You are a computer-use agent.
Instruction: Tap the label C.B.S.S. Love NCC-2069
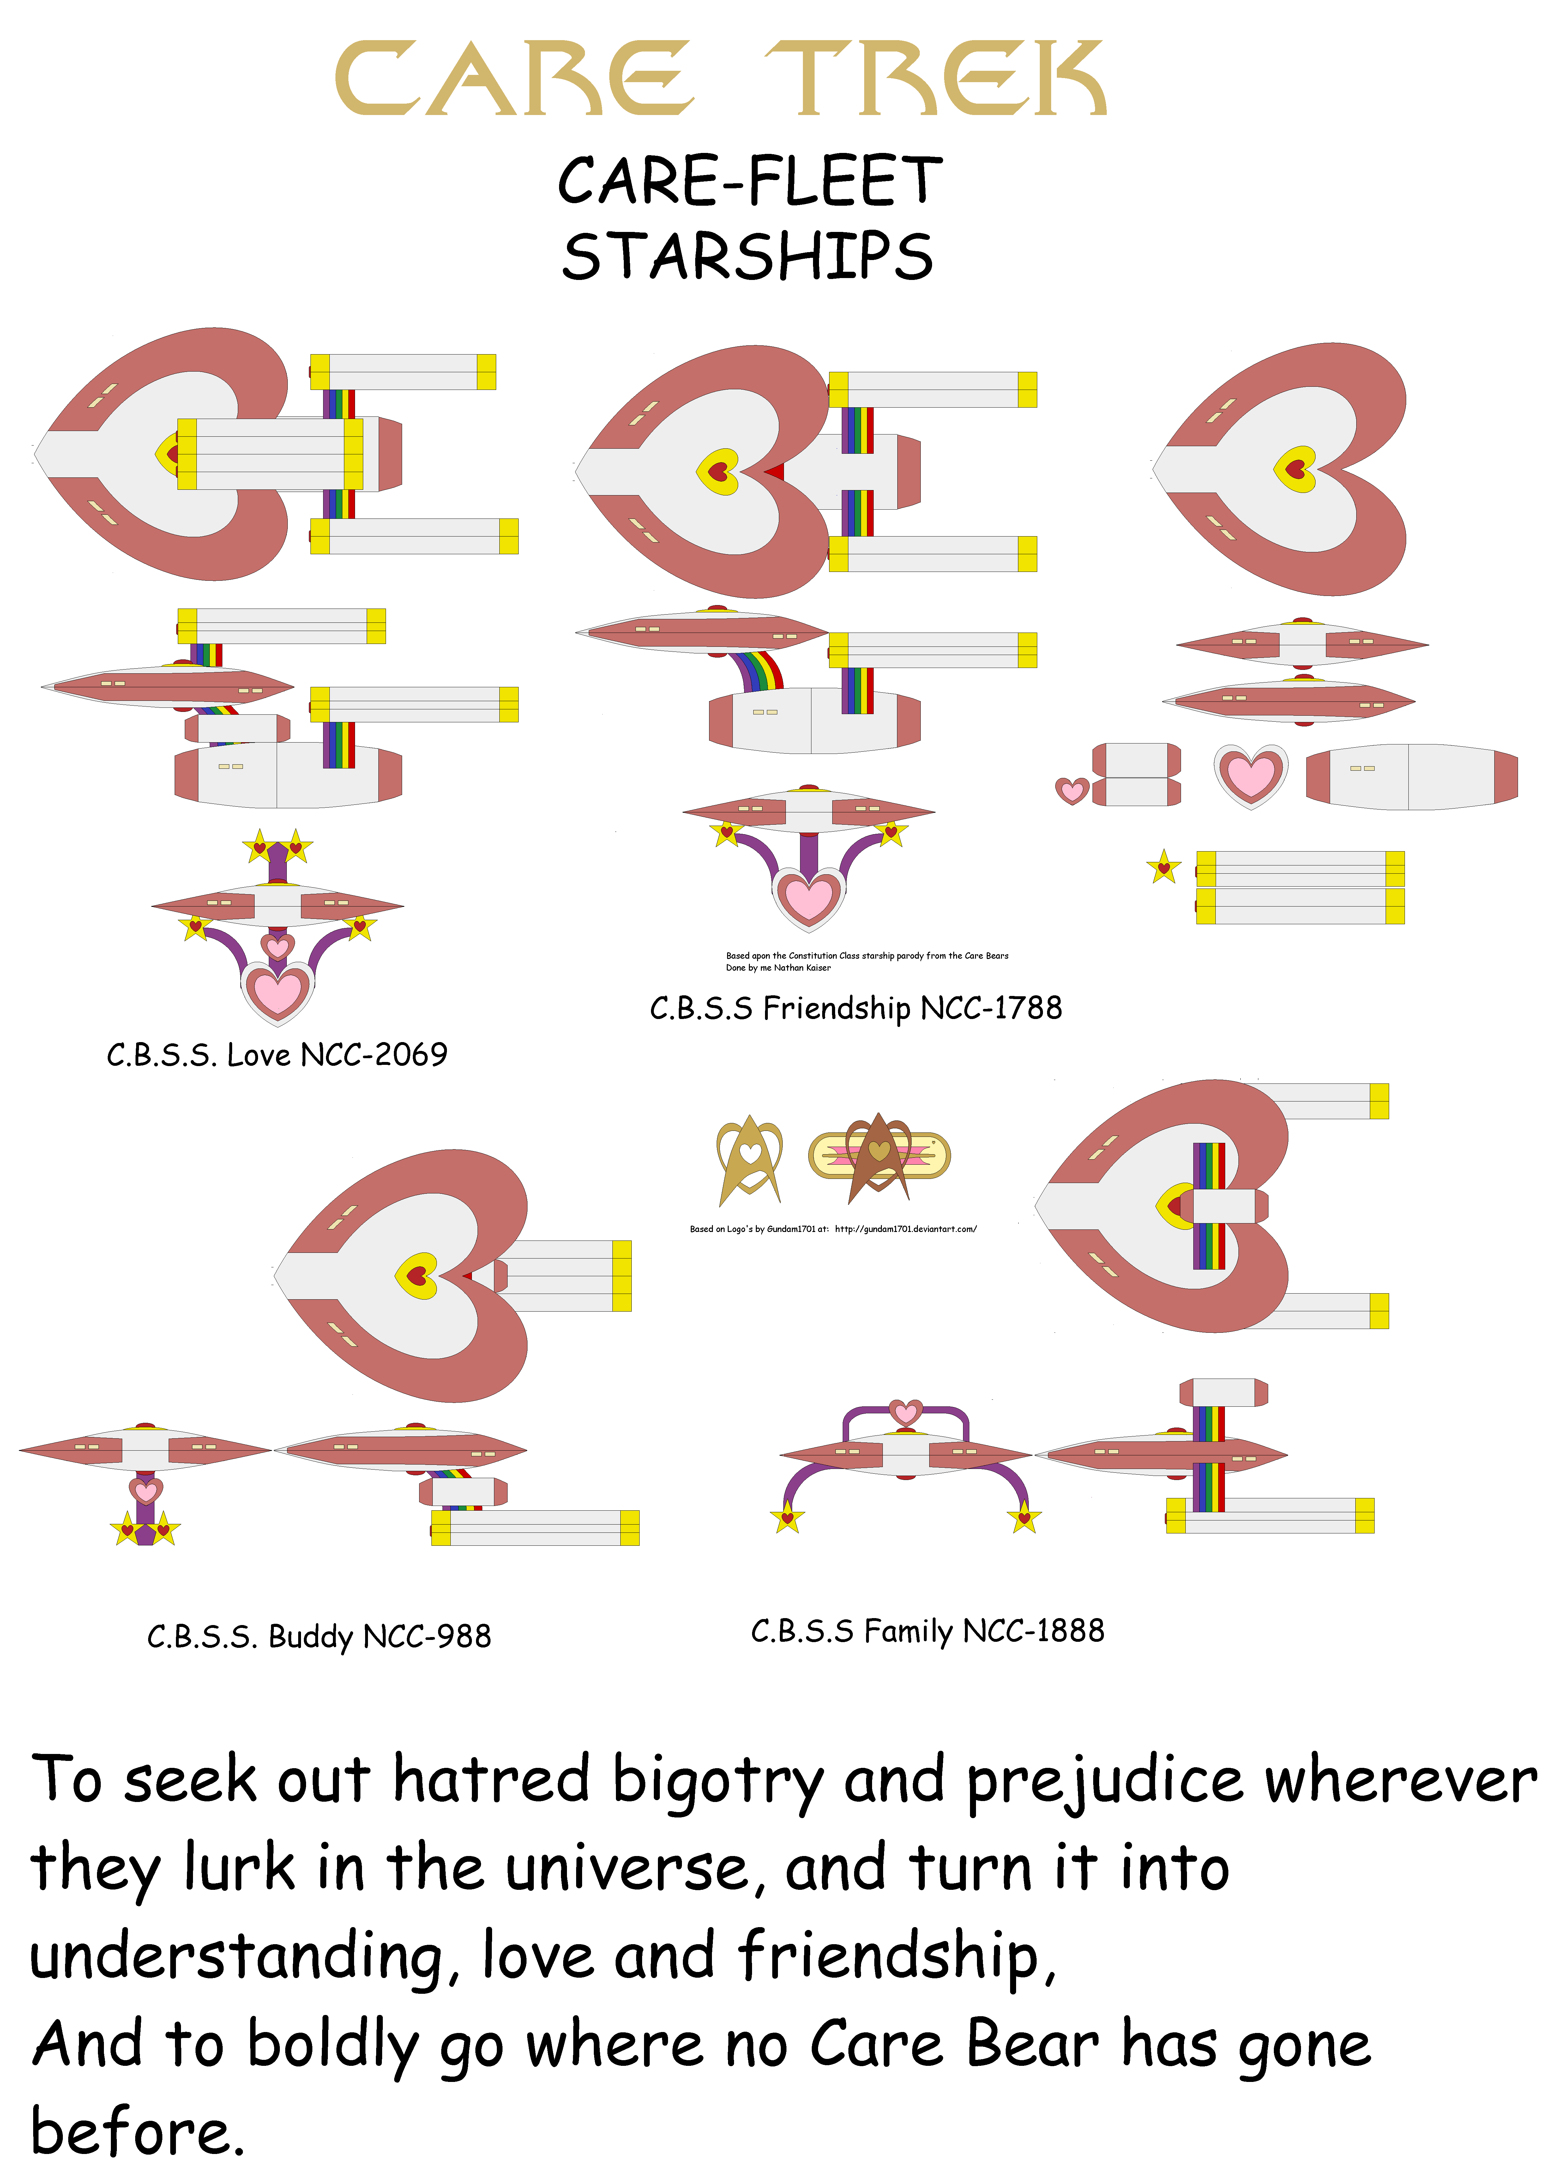tap(277, 1055)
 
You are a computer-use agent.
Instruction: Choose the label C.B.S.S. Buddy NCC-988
tap(319, 1636)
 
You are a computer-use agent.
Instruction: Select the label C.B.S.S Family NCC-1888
tap(927, 1631)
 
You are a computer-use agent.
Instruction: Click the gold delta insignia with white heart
tap(749, 1158)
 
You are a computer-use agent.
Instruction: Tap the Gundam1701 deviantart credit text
tap(833, 1229)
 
